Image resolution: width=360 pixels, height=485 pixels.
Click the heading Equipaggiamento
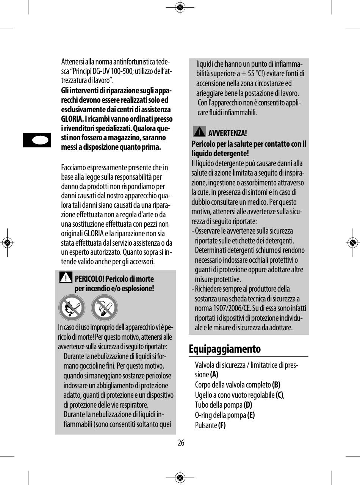pos(225,349)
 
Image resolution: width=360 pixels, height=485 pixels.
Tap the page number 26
pos(181,443)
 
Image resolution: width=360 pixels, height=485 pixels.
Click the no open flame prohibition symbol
pos(72,308)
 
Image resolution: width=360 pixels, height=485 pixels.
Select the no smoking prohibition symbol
pos(104,308)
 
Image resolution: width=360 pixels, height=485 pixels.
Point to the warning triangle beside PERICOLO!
pos(66,278)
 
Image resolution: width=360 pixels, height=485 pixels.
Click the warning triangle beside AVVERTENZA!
pos(199,132)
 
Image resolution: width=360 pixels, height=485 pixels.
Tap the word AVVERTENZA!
pos(228,133)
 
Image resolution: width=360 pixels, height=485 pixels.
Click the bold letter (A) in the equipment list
pos(214,375)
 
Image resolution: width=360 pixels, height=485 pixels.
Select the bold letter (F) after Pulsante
pos(222,425)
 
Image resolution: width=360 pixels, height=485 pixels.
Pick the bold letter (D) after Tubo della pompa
pos(248,405)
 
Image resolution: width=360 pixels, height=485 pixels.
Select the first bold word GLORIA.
pos(72,119)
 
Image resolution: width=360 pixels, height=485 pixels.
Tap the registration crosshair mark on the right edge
pos(352,242)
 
